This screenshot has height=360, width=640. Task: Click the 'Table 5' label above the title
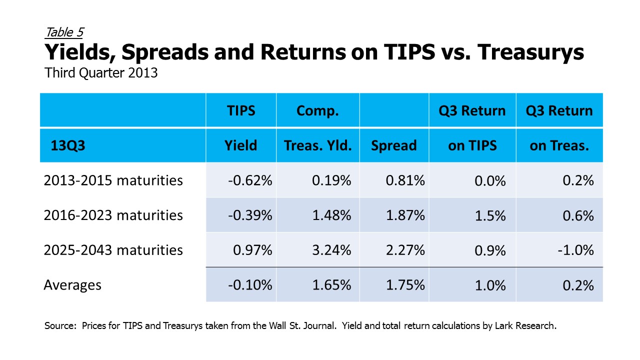point(64,32)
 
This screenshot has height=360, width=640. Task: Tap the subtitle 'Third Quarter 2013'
point(101,73)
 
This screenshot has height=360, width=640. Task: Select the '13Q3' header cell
point(67,145)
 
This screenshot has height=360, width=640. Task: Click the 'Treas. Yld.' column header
point(317,145)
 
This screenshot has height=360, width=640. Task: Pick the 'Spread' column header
point(393,146)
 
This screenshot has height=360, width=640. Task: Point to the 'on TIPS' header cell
point(472,145)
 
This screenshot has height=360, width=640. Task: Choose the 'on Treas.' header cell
point(559,145)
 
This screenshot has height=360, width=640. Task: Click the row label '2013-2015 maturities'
point(113,180)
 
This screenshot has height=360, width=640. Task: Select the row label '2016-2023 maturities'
point(113,215)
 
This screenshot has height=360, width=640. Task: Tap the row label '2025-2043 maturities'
point(113,250)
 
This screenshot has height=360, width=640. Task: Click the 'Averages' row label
point(72,285)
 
